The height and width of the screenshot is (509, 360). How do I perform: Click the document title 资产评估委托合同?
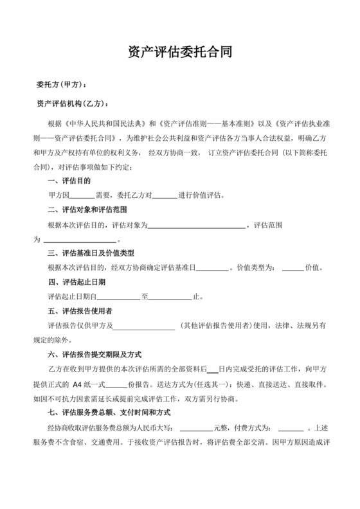click(180, 52)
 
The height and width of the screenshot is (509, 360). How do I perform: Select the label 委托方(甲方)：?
click(61, 85)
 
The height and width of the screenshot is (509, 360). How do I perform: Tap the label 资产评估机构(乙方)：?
click(73, 103)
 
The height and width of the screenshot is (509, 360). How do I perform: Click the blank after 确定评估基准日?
click(212, 268)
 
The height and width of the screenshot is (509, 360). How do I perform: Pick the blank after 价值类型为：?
click(293, 268)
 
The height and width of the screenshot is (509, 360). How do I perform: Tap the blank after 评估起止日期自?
click(118, 297)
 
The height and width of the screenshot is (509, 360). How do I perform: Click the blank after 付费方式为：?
click(291, 426)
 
